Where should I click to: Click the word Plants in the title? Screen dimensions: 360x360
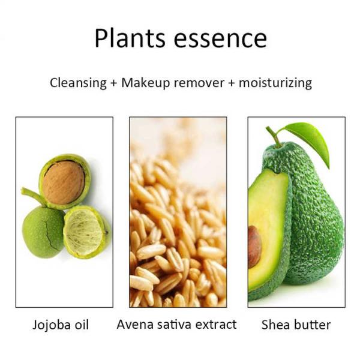click(x=130, y=38)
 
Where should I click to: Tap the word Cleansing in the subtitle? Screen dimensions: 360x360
click(x=77, y=83)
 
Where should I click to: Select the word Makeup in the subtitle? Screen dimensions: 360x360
click(x=145, y=83)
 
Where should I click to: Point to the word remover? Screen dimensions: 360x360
click(x=199, y=83)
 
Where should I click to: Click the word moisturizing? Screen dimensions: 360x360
click(x=275, y=83)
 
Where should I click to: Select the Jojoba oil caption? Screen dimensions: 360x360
click(x=60, y=325)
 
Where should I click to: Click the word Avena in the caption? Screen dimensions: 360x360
click(x=134, y=325)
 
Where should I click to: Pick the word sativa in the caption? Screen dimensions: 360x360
click(x=174, y=325)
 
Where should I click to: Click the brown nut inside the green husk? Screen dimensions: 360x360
click(x=64, y=182)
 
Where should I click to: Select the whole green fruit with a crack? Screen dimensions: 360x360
click(x=43, y=231)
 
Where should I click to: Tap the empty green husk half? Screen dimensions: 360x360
click(x=86, y=231)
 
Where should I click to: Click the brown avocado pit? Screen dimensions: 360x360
click(x=254, y=247)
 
